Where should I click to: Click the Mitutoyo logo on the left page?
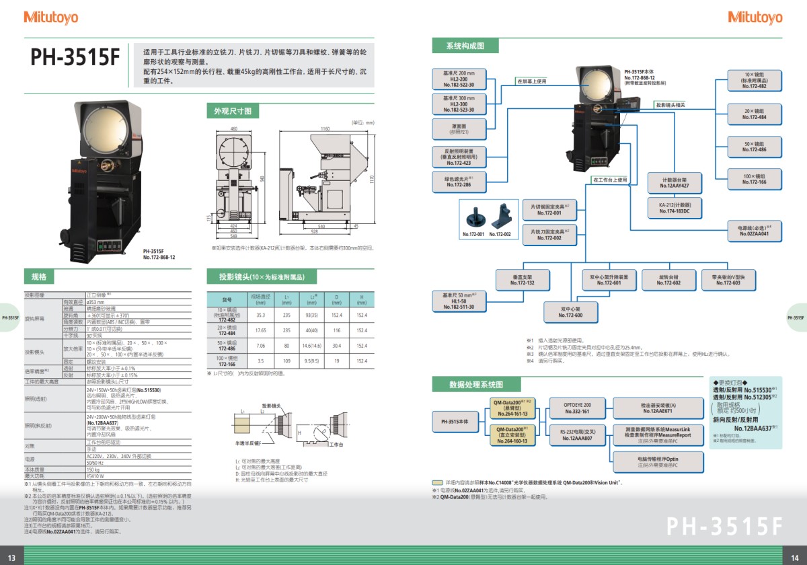(51, 17)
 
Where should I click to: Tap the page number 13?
(12, 556)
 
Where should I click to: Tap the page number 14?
(794, 556)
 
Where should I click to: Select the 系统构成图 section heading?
(465, 46)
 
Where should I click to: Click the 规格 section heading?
(39, 276)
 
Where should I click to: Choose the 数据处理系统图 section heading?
(475, 384)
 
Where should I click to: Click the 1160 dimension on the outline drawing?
(324, 128)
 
